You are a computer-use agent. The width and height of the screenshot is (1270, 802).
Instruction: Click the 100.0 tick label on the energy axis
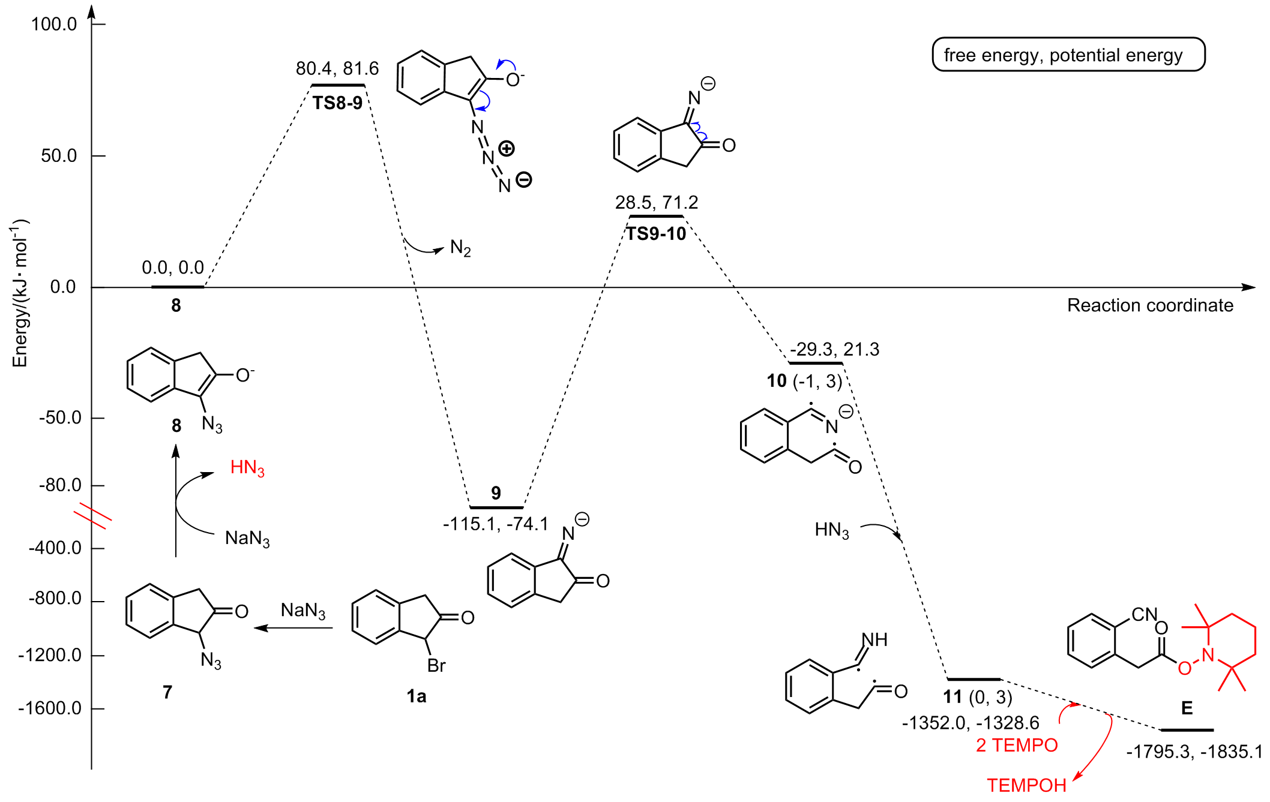click(x=54, y=25)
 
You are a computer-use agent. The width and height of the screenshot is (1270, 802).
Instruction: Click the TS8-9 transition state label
click(x=337, y=103)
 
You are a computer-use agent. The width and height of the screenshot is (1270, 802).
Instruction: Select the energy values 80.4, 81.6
click(x=337, y=68)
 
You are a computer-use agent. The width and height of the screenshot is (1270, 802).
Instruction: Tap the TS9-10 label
click(x=656, y=233)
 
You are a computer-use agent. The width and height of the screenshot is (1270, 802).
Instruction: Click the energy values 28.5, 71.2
click(x=657, y=202)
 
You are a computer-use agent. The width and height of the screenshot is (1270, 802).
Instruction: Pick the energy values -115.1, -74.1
click(x=496, y=524)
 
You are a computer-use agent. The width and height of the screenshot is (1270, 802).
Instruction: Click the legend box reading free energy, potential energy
click(x=1068, y=55)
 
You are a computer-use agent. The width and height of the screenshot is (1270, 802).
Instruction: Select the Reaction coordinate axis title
click(x=1150, y=305)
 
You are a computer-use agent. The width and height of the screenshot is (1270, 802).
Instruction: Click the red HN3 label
click(x=247, y=467)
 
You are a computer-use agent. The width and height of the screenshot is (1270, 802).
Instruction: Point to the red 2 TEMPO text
click(x=1017, y=745)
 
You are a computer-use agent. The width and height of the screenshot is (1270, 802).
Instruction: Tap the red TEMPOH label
click(x=1026, y=785)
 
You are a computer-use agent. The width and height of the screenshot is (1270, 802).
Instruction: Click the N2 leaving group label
click(x=460, y=248)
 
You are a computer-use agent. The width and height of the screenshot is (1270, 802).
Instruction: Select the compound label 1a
click(x=416, y=696)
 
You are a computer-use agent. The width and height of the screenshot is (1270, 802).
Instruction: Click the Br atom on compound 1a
click(x=436, y=665)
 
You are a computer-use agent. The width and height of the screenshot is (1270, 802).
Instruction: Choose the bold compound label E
click(x=1187, y=708)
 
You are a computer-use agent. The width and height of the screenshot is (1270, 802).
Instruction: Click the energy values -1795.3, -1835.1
click(x=1194, y=752)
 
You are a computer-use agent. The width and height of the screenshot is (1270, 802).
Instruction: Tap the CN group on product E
click(x=1144, y=614)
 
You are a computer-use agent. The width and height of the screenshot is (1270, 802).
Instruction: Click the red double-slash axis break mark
click(x=92, y=516)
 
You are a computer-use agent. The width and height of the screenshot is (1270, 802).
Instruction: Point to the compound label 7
click(x=167, y=692)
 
